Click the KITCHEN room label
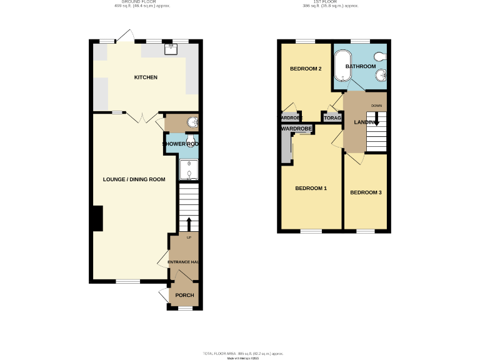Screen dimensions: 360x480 [x=146, y=77]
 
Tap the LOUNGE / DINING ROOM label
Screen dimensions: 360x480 [x=134, y=179]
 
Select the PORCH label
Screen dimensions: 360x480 [x=184, y=296]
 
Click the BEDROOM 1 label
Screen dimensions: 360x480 [x=311, y=188]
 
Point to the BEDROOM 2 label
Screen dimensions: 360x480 [x=306, y=69]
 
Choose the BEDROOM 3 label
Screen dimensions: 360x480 [x=366, y=192]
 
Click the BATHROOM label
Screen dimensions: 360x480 [x=361, y=66]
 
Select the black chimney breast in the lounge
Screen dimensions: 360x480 [x=97, y=219]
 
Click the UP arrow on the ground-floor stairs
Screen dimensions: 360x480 [x=189, y=222]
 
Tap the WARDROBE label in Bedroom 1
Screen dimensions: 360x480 [x=296, y=129]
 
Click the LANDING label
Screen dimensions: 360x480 [x=364, y=122]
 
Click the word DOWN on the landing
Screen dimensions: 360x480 [x=376, y=106]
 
